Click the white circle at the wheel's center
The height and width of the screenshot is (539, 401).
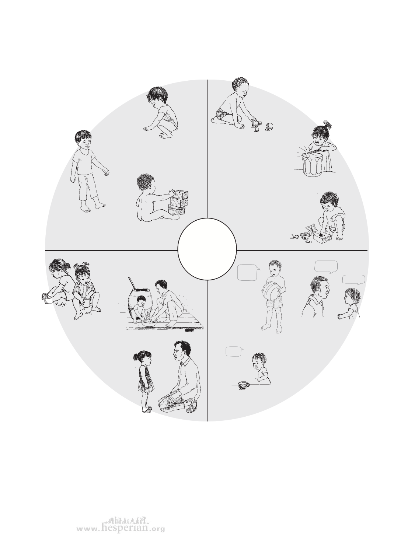click(x=207, y=249)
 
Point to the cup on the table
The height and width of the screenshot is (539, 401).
click(x=243, y=385)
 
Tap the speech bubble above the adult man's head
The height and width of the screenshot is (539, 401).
click(x=326, y=267)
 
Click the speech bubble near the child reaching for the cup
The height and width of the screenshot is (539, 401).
click(x=234, y=351)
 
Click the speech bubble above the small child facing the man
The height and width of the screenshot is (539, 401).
click(x=353, y=280)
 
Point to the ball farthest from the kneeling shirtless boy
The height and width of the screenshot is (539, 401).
click(x=269, y=126)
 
